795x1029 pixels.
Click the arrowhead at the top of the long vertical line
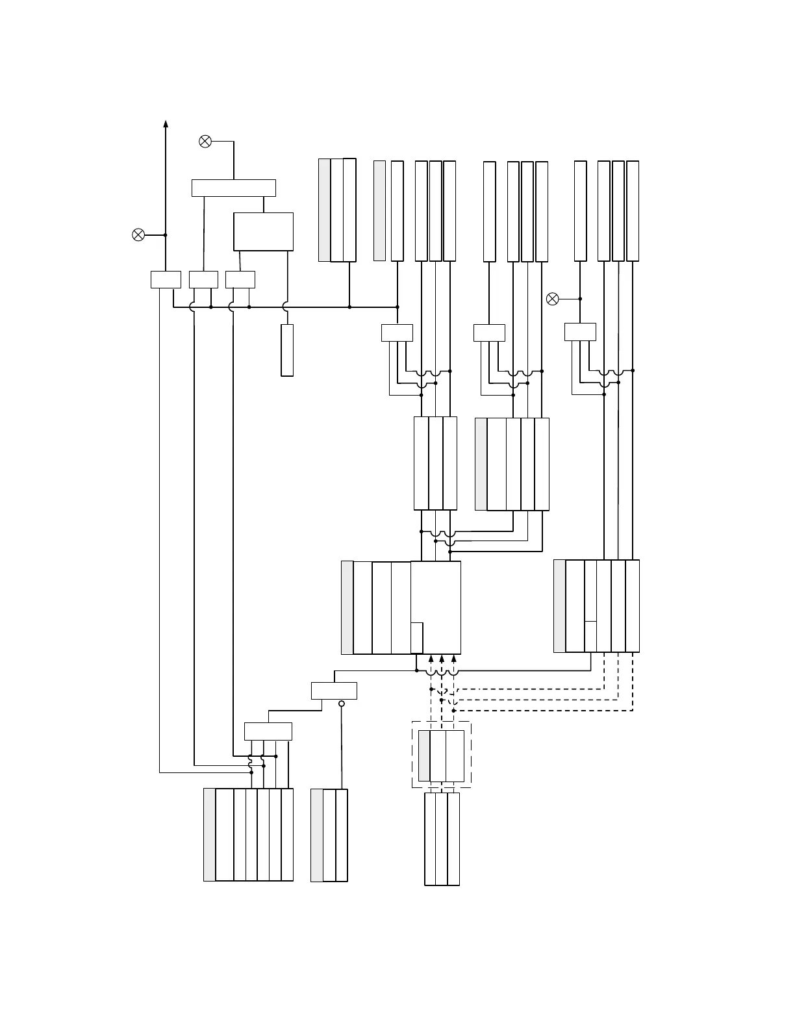166,125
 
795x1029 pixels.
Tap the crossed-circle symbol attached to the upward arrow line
138,235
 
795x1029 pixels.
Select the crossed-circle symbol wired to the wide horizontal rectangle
205,141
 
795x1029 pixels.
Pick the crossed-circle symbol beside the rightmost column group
552,299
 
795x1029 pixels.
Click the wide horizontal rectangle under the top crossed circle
234,188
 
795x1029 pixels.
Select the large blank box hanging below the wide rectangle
263,231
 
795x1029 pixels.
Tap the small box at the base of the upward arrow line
166,279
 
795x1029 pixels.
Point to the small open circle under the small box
342,704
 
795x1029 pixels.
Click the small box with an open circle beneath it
334,691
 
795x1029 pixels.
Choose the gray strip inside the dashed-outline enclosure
424,756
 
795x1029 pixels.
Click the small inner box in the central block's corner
417,638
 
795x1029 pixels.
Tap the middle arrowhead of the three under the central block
442,659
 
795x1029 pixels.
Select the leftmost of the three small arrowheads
431,659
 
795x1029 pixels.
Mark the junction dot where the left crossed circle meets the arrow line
166,235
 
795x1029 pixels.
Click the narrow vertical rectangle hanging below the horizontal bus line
287,350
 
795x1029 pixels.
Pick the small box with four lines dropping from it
268,731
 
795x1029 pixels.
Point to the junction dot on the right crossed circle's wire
580,299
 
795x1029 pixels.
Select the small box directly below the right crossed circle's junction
580,332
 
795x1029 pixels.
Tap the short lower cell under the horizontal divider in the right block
590,637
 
